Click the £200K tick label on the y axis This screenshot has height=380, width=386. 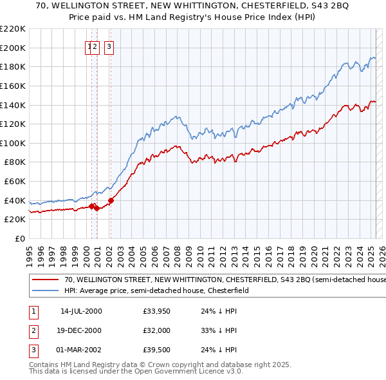13,48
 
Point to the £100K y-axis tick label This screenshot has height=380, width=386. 13,143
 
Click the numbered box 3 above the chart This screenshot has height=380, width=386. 109,46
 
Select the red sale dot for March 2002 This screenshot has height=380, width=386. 111,200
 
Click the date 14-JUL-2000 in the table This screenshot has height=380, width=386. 81,311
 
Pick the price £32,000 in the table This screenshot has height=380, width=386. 157,330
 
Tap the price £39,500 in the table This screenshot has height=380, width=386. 157,350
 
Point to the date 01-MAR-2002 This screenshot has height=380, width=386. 81,350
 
